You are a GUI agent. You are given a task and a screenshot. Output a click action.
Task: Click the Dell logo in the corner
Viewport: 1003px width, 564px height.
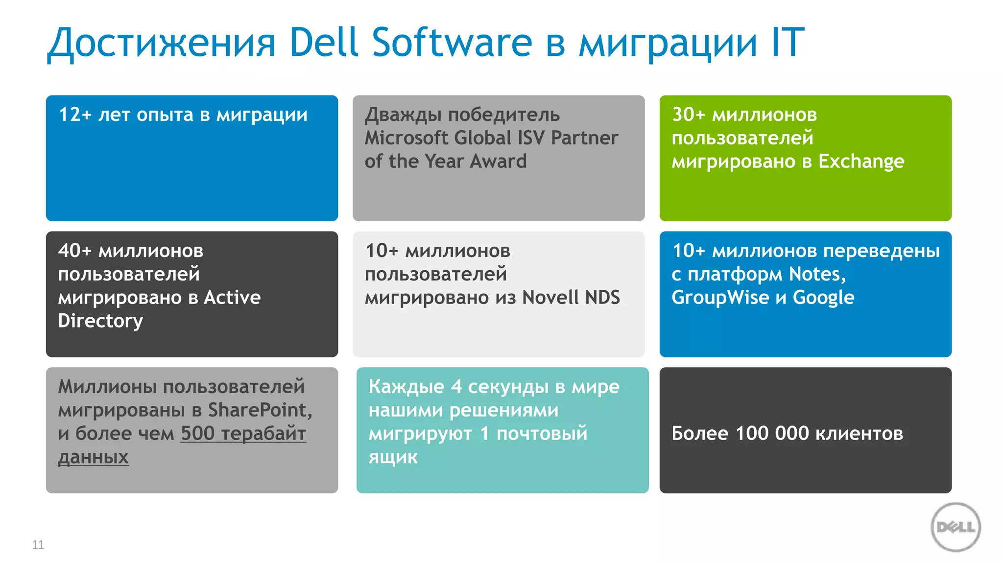point(955,527)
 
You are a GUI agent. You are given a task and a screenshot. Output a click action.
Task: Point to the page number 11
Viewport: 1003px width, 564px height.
point(38,545)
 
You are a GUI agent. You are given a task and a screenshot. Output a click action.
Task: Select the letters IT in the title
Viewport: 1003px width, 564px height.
point(788,43)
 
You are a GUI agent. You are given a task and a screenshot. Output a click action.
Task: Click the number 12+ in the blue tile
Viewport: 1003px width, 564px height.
point(75,115)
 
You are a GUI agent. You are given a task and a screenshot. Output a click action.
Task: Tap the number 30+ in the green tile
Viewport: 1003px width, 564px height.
point(688,115)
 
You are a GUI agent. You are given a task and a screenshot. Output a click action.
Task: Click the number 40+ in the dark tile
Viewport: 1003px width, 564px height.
point(74,251)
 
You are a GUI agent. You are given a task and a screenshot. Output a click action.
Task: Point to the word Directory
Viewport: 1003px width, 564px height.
point(100,321)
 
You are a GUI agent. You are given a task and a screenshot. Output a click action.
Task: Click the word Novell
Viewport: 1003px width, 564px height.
point(551,298)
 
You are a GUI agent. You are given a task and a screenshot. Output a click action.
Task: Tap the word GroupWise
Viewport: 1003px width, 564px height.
point(720,298)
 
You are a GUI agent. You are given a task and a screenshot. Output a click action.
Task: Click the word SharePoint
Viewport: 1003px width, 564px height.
point(260,410)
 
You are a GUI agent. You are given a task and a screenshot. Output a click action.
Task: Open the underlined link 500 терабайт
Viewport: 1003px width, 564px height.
point(243,434)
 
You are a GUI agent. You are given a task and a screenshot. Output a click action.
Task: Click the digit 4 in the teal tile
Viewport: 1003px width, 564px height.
point(456,387)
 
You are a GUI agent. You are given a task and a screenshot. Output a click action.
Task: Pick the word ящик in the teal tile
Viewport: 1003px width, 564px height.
point(393,457)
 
